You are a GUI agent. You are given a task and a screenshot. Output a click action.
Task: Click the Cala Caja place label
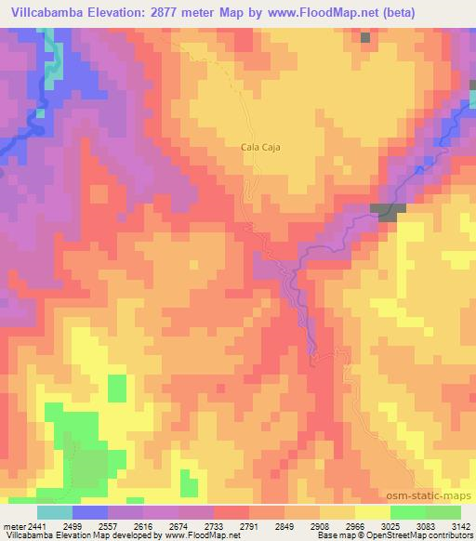(x=260, y=147)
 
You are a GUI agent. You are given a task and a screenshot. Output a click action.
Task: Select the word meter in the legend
(x=14, y=526)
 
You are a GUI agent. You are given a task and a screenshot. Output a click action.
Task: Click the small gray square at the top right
(x=365, y=37)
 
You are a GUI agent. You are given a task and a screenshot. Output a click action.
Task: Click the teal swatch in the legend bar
(x=54, y=512)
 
